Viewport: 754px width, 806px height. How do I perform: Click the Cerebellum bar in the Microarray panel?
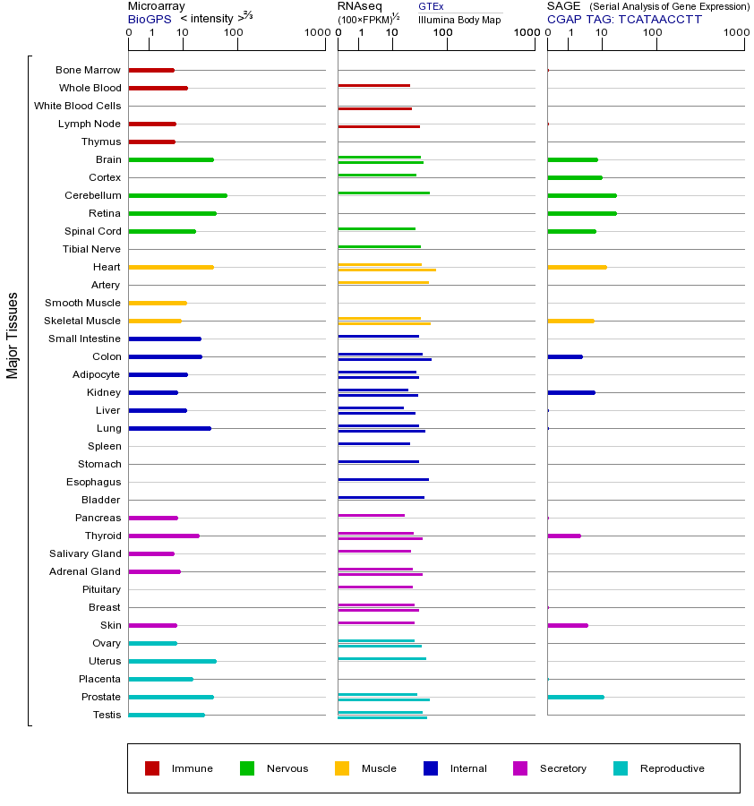tap(177, 195)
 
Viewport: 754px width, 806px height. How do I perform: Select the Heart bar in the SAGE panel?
tap(577, 267)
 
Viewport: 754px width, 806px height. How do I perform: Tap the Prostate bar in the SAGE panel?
tap(575, 697)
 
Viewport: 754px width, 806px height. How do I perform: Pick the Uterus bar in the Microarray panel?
tap(172, 661)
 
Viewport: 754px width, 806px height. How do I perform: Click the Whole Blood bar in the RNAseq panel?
tap(373, 86)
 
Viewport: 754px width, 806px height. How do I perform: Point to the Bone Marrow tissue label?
tap(88, 70)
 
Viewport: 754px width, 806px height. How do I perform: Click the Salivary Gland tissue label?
tap(85, 553)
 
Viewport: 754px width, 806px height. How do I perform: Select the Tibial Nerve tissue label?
tap(91, 249)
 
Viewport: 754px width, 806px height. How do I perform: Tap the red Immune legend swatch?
tap(152, 768)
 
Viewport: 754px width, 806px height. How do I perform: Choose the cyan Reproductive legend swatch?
tap(621, 768)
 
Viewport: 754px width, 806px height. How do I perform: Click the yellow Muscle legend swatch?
tap(342, 768)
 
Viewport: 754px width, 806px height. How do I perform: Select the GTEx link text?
tap(431, 6)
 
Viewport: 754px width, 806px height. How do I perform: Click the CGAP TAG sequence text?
tap(624, 19)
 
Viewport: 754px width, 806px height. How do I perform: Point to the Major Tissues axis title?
tap(13, 335)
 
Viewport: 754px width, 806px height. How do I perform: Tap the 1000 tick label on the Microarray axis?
tap(315, 33)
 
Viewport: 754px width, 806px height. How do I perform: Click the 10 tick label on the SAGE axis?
tap(601, 33)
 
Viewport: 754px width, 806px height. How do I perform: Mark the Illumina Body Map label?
tap(459, 19)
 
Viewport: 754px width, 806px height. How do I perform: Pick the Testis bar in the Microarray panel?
tap(167, 715)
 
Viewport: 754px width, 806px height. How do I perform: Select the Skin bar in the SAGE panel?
tap(567, 625)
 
